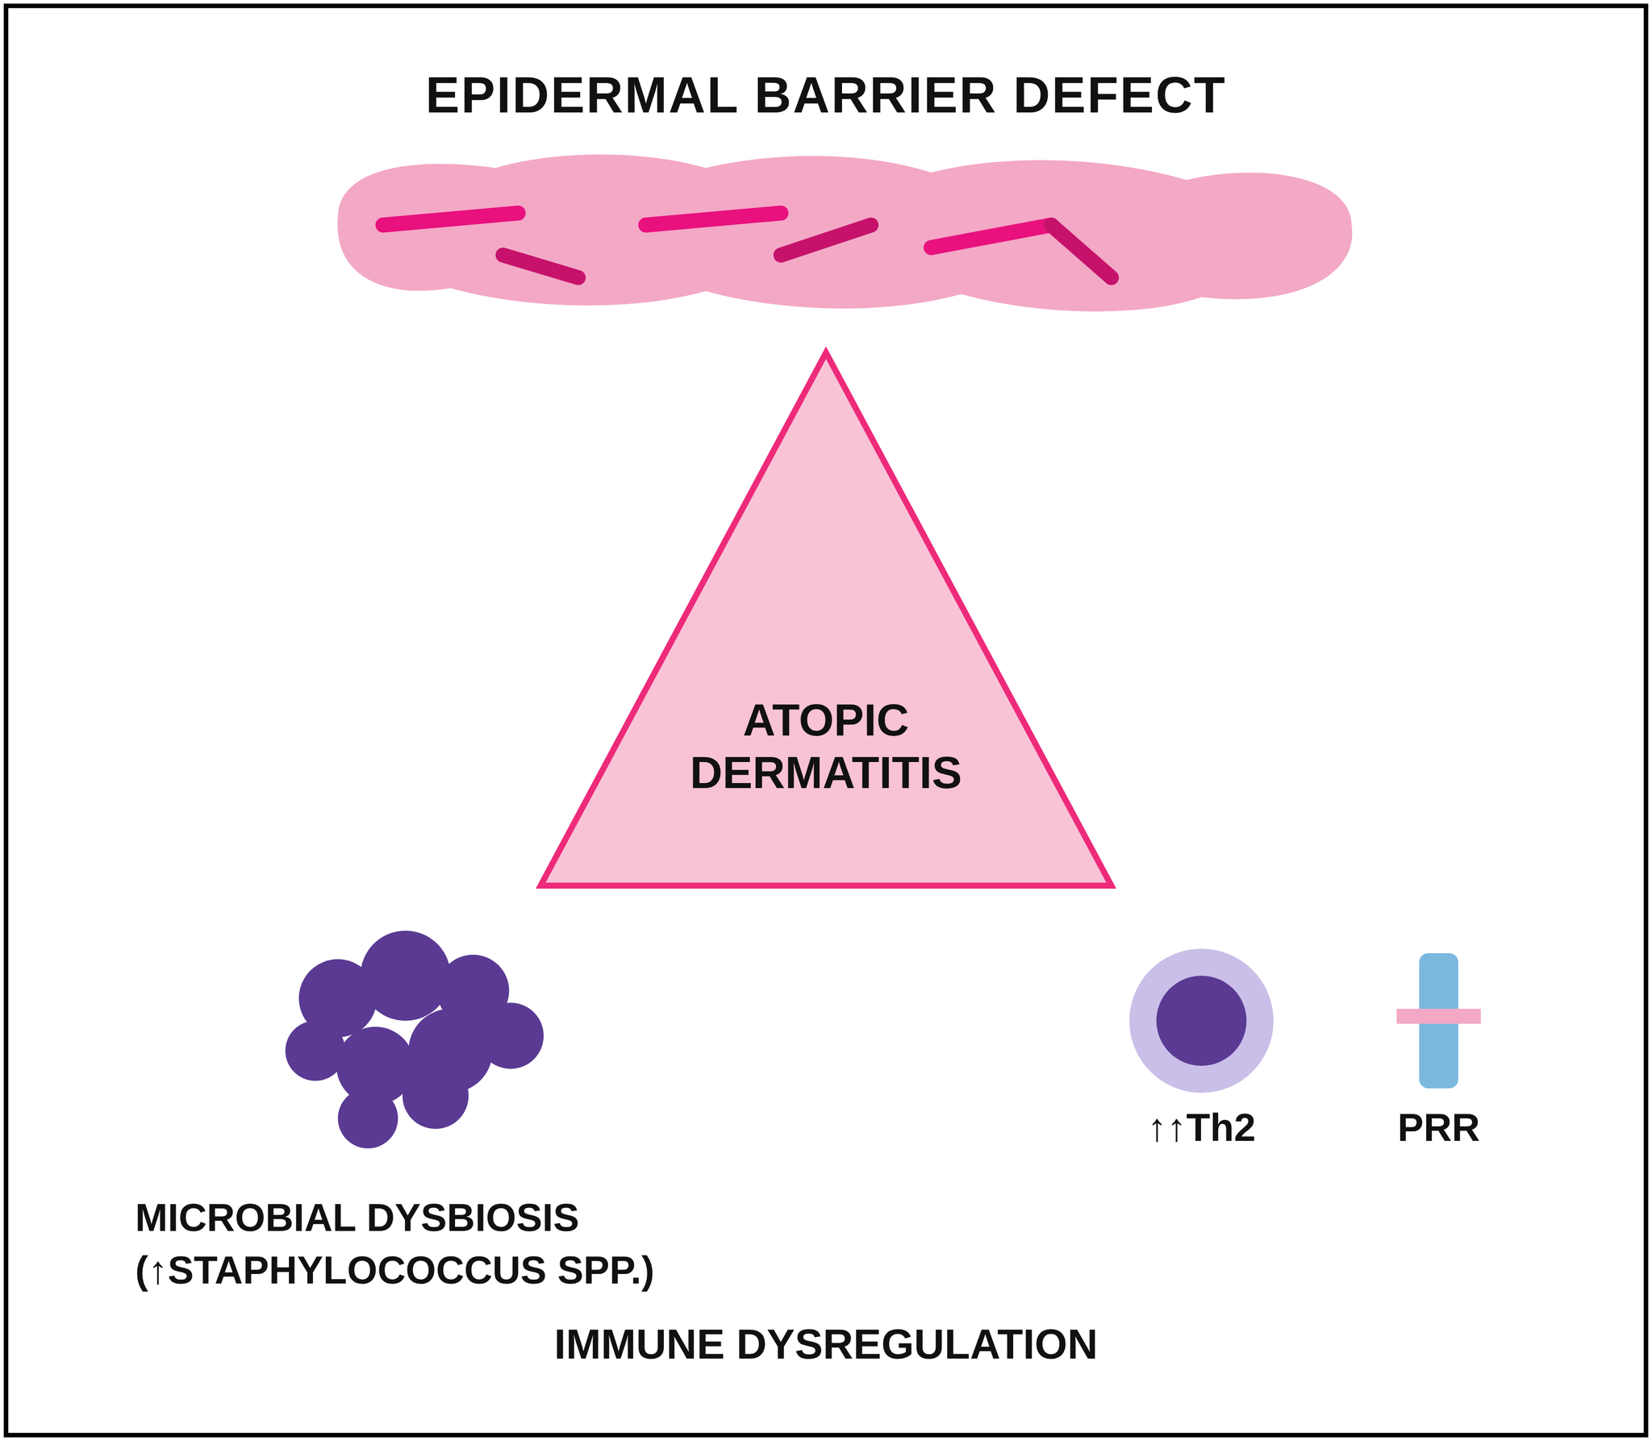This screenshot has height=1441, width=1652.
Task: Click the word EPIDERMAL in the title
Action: pyautogui.click(x=581, y=96)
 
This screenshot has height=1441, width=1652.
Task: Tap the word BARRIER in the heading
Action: pyautogui.click(x=875, y=96)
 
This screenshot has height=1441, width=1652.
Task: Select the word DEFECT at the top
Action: pyautogui.click(x=1119, y=96)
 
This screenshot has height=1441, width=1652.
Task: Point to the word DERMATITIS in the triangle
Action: pyautogui.click(x=826, y=773)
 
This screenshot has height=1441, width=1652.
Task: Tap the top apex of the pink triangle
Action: pyautogui.click(x=826, y=352)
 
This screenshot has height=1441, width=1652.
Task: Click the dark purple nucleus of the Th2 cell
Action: pyautogui.click(x=1201, y=1021)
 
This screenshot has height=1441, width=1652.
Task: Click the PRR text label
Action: pyautogui.click(x=1438, y=1129)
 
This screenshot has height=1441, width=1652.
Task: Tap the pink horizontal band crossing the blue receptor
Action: pyautogui.click(x=1438, y=1016)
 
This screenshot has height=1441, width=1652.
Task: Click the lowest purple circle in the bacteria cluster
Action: pyautogui.click(x=368, y=1118)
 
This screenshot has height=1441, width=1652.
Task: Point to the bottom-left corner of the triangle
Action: pyautogui.click(x=540, y=885)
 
